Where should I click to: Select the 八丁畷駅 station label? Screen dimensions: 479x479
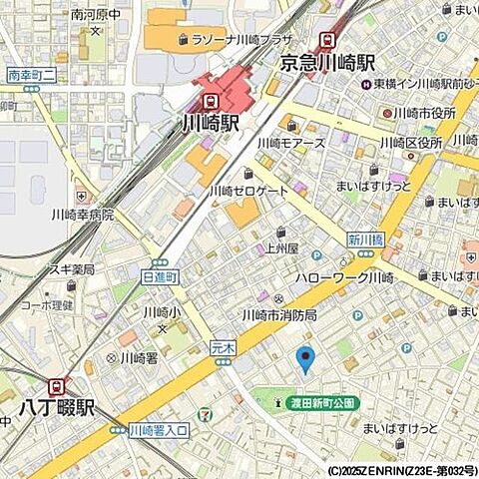[x=56, y=408]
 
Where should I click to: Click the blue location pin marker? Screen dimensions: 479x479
[x=306, y=358]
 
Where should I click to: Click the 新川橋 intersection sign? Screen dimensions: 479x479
[x=366, y=239]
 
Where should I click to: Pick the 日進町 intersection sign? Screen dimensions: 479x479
[x=160, y=275]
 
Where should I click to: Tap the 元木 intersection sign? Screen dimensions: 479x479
[x=222, y=347]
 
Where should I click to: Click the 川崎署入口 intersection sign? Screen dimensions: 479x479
[x=159, y=430]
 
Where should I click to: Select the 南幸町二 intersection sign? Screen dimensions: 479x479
[x=31, y=75]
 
